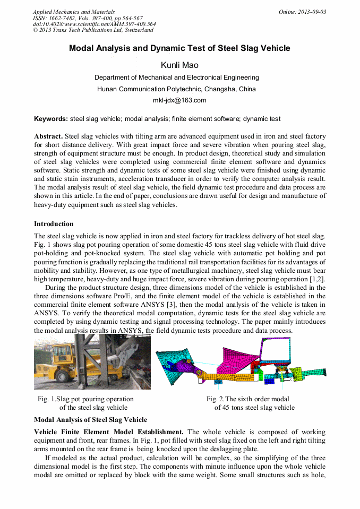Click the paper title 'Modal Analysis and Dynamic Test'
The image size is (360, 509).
(179, 48)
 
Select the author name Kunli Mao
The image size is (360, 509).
(179, 65)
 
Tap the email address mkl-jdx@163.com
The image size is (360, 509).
(179, 100)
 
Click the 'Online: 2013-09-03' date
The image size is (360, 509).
(302, 12)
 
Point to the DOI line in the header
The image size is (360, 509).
(95, 24)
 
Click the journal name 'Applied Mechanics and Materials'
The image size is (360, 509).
(73, 12)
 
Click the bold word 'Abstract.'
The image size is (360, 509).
(48, 136)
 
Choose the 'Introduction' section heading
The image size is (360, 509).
(54, 224)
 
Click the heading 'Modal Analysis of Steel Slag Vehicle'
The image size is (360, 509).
(90, 419)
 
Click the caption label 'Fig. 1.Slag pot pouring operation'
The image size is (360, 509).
(85, 399)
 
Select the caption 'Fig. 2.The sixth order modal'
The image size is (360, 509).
(247, 399)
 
